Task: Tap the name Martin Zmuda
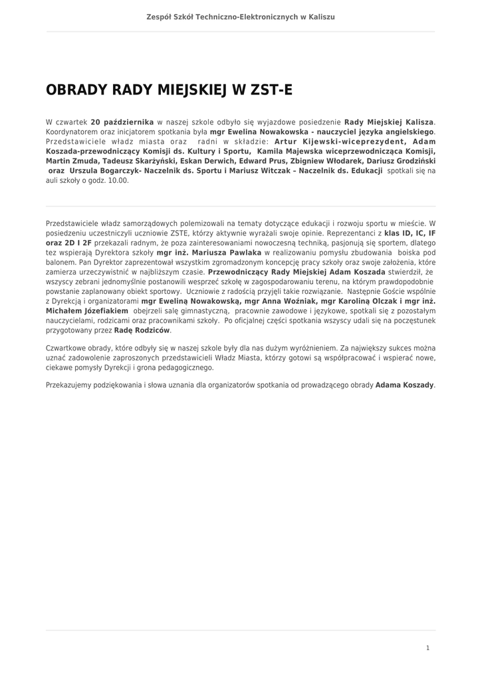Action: [x=69, y=160]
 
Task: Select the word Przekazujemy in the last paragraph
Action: [x=70, y=385]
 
